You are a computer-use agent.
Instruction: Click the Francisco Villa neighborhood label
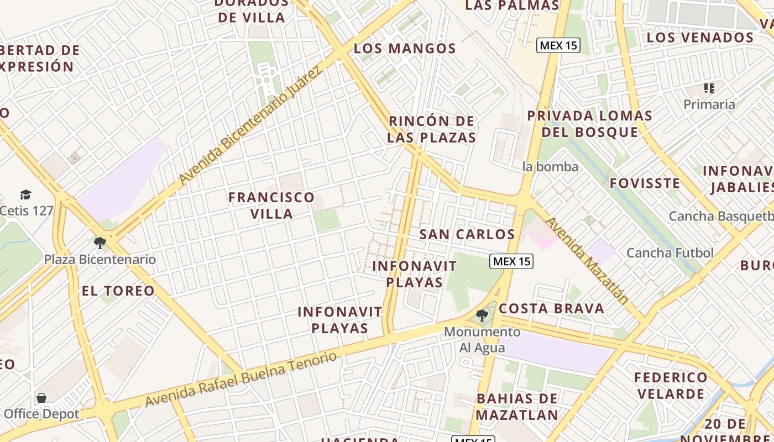click(271, 205)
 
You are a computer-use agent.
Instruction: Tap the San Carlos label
click(467, 234)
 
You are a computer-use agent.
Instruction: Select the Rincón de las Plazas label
click(431, 129)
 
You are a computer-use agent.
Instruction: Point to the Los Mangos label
click(405, 49)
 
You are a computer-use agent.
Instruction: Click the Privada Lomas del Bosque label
click(589, 124)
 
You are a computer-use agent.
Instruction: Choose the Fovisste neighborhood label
click(645, 183)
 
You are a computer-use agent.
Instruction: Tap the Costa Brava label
click(552, 308)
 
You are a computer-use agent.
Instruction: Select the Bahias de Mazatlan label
click(517, 407)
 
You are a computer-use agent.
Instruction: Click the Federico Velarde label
click(670, 386)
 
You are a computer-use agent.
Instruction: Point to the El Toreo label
click(118, 291)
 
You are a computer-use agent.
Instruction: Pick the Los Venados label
click(700, 38)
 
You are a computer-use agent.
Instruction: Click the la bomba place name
click(550, 167)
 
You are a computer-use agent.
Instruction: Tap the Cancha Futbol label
click(670, 253)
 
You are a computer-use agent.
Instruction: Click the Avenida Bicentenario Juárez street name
click(250, 127)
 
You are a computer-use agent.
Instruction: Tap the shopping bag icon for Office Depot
click(41, 398)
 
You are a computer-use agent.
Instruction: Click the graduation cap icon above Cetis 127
click(26, 194)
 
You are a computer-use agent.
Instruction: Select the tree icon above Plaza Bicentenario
click(100, 243)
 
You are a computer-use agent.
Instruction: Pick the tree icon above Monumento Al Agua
click(482, 315)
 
